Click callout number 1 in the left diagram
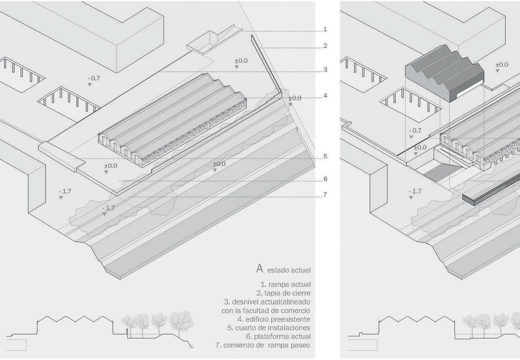[x=325, y=30]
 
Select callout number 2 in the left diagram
[x=325, y=46]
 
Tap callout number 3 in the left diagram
[x=325, y=70]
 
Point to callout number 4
[x=325, y=96]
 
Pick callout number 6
[x=325, y=179]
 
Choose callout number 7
[x=325, y=195]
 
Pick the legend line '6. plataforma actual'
[x=278, y=337]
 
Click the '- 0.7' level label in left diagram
[x=94, y=78]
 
